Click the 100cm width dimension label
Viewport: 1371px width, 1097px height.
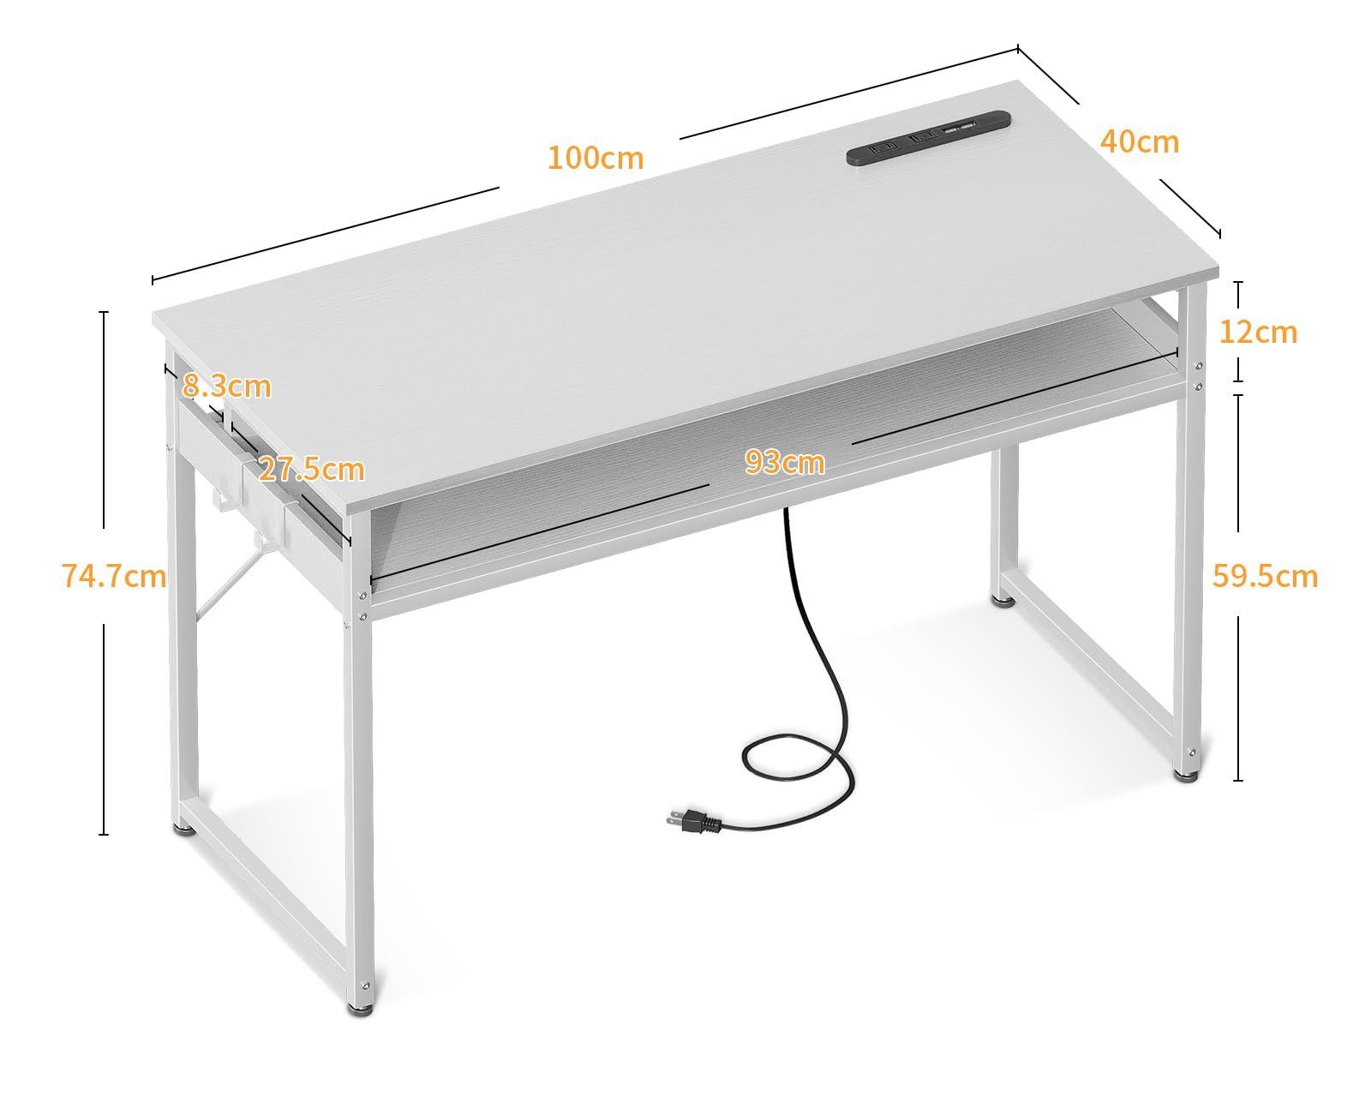595,159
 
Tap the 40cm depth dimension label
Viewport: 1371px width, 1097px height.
1139,141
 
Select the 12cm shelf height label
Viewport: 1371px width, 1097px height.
1258,332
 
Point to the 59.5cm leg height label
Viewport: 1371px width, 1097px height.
1265,576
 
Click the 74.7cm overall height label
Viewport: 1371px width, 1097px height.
114,575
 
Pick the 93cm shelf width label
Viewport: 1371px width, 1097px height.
784,463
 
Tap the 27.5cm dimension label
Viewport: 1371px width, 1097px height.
311,470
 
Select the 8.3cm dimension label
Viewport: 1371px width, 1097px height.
227,387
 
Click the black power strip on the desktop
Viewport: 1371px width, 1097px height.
928,137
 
